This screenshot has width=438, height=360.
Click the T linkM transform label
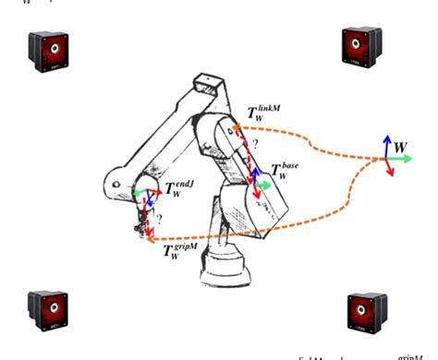(x=262, y=113)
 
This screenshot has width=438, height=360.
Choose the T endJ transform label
(x=174, y=190)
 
